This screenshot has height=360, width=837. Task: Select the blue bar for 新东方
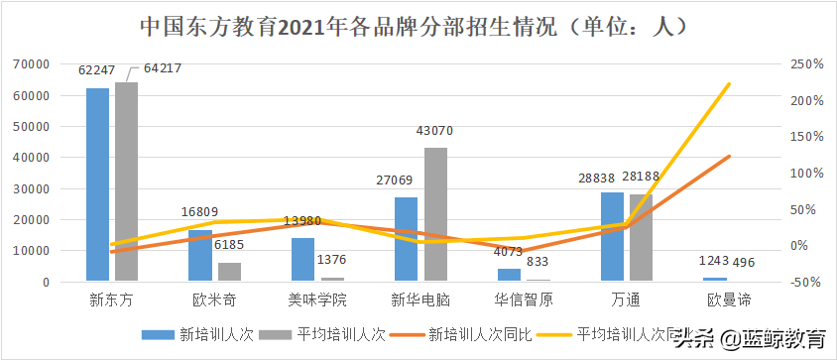(x=97, y=184)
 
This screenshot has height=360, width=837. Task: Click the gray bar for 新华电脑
(x=435, y=214)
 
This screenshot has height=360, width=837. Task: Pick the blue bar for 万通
(x=612, y=237)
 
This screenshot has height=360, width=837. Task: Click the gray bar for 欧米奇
(x=229, y=272)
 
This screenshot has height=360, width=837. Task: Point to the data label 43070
(x=434, y=131)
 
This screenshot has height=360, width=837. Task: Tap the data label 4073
(x=509, y=250)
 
